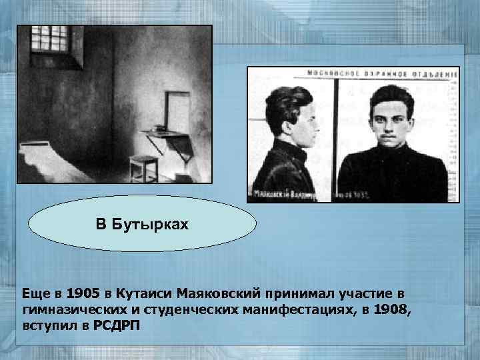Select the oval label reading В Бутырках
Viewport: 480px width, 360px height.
pyautogui.click(x=143, y=223)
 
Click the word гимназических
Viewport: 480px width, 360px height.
pyautogui.click(x=71, y=309)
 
